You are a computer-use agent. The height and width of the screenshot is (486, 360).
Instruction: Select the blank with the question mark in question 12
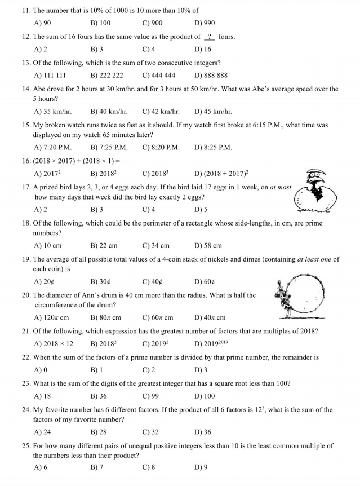pyautogui.click(x=210, y=37)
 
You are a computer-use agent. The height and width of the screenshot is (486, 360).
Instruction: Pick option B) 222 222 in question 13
pyautogui.click(x=106, y=76)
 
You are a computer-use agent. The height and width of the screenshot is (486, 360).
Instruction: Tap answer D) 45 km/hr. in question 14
pyautogui.click(x=213, y=112)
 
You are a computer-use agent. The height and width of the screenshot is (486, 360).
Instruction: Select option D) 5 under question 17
pyautogui.click(x=201, y=210)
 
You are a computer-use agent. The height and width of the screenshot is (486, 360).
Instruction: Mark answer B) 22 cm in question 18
pyautogui.click(x=104, y=246)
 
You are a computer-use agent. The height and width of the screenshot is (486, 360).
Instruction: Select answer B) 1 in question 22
pyautogui.click(x=96, y=370)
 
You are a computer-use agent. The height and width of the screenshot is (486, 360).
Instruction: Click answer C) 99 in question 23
pyautogui.click(x=150, y=396)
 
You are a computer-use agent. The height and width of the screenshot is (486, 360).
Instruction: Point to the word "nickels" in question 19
pyautogui.click(x=234, y=259)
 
